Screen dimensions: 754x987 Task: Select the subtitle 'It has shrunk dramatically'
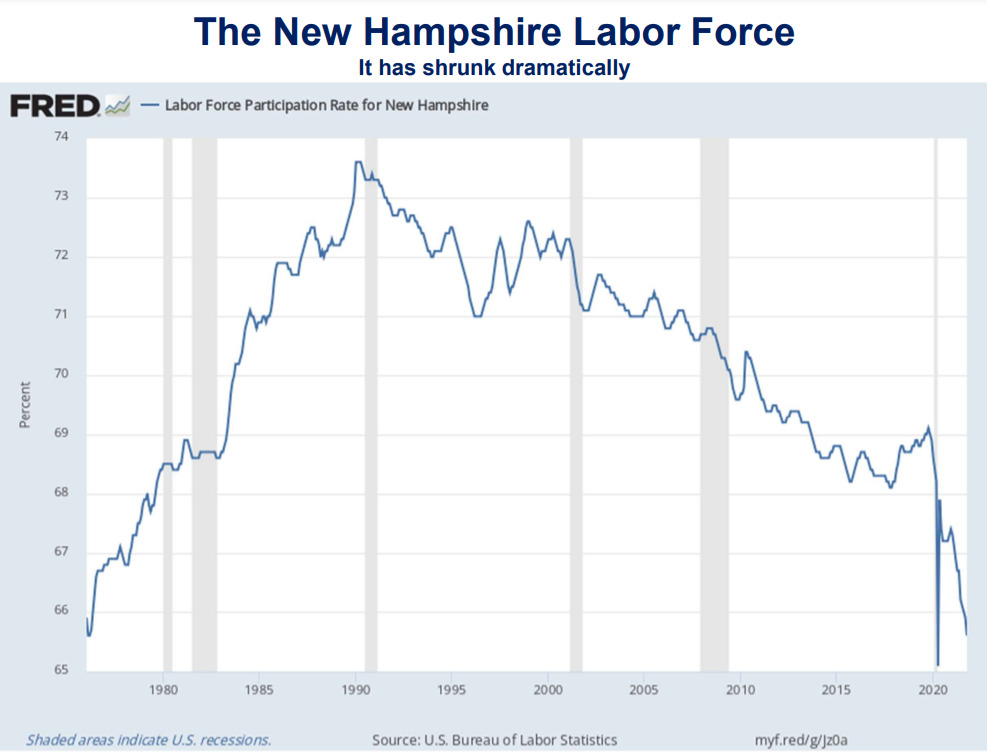point(494,68)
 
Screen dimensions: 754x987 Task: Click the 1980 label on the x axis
point(164,690)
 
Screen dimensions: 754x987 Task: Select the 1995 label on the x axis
point(452,690)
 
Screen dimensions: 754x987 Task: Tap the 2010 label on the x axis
point(740,690)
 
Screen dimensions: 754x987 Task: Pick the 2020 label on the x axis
point(932,690)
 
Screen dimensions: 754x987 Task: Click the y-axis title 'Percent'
point(24,404)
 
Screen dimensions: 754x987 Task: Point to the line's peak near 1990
point(358,162)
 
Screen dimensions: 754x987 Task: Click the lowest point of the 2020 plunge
point(937,664)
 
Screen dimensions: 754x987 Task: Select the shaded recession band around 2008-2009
point(714,400)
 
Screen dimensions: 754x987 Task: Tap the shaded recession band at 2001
point(576,400)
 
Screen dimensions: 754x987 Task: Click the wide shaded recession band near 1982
point(204,400)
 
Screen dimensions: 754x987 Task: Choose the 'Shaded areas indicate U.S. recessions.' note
point(148,740)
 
